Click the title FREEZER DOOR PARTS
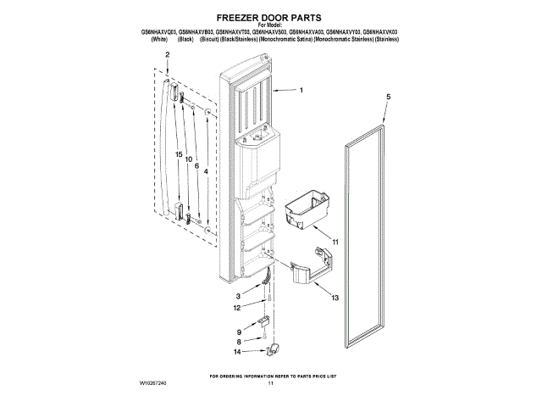point(270,16)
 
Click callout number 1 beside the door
point(301,90)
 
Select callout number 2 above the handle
point(168,54)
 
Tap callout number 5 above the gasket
point(389,98)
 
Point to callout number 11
point(335,243)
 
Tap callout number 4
point(206,173)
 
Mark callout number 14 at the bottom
point(238,351)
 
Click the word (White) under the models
point(158,39)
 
